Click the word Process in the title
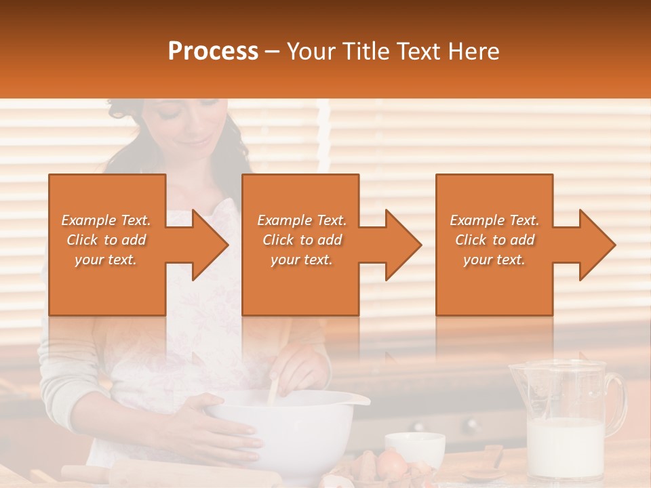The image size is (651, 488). (213, 52)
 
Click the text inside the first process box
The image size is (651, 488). (106, 240)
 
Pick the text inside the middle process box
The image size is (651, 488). (301, 240)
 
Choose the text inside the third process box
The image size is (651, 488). (494, 240)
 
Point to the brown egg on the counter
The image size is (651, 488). (391, 464)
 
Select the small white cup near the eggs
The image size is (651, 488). (415, 447)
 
